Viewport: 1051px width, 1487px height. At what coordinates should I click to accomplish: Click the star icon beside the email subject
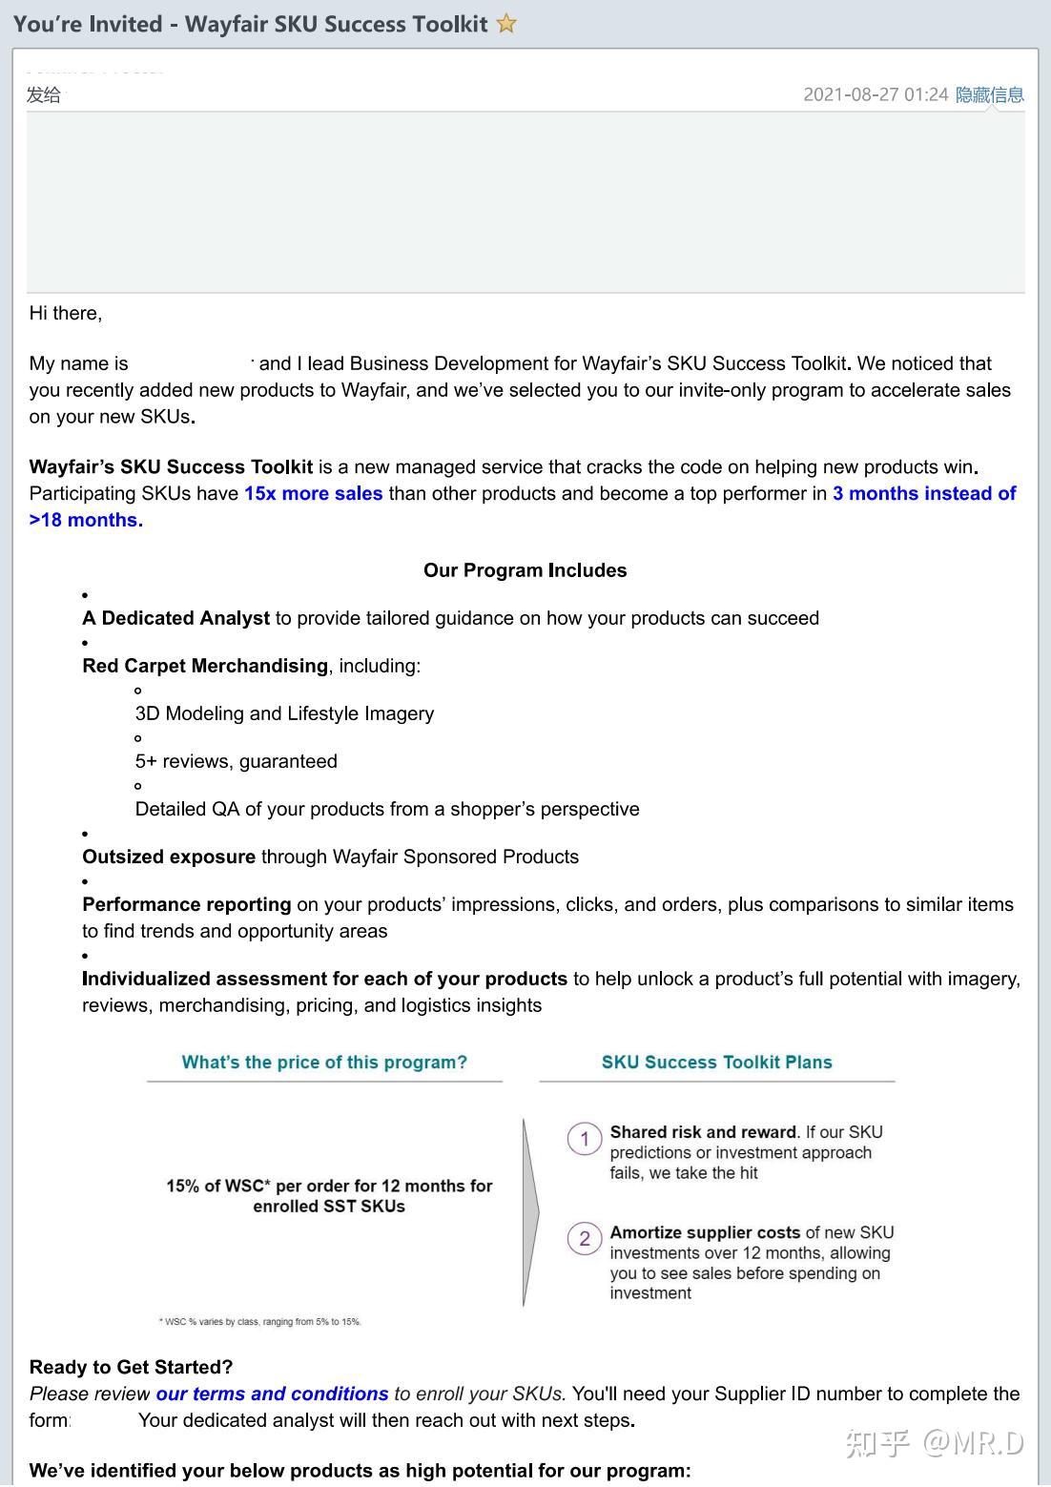[506, 24]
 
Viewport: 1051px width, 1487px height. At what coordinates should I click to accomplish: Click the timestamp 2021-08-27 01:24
[875, 94]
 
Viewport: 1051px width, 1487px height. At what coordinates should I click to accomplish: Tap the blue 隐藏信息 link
[989, 94]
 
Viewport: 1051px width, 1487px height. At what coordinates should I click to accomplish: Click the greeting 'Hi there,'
[66, 313]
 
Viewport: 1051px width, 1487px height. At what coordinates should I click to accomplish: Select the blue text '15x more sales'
[313, 493]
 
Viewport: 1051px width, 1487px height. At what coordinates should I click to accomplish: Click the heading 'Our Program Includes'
[525, 570]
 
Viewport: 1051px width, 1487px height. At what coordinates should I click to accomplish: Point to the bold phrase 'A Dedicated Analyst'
[175, 618]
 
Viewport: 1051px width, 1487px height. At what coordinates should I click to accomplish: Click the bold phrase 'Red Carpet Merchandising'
[205, 666]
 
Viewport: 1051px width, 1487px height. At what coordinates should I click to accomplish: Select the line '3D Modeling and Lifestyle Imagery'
[284, 713]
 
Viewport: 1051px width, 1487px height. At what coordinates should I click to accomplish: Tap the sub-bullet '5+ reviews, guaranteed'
[236, 761]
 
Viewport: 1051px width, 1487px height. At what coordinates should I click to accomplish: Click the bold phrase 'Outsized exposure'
[169, 857]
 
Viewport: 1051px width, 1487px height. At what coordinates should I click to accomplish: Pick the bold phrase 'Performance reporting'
[187, 904]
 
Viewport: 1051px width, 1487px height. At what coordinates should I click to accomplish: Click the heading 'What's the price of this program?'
[324, 1063]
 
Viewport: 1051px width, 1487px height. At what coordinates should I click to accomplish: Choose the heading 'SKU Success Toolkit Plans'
[716, 1063]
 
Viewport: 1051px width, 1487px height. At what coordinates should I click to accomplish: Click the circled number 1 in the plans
[584, 1139]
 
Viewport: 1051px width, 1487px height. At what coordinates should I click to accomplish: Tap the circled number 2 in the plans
[584, 1239]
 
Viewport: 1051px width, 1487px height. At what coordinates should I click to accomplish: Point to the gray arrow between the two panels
[530, 1212]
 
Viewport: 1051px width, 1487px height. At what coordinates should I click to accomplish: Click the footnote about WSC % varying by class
[259, 1322]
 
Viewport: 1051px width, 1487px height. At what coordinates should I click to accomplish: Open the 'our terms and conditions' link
[272, 1394]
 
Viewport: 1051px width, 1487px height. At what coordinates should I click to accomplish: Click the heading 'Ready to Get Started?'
[132, 1367]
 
